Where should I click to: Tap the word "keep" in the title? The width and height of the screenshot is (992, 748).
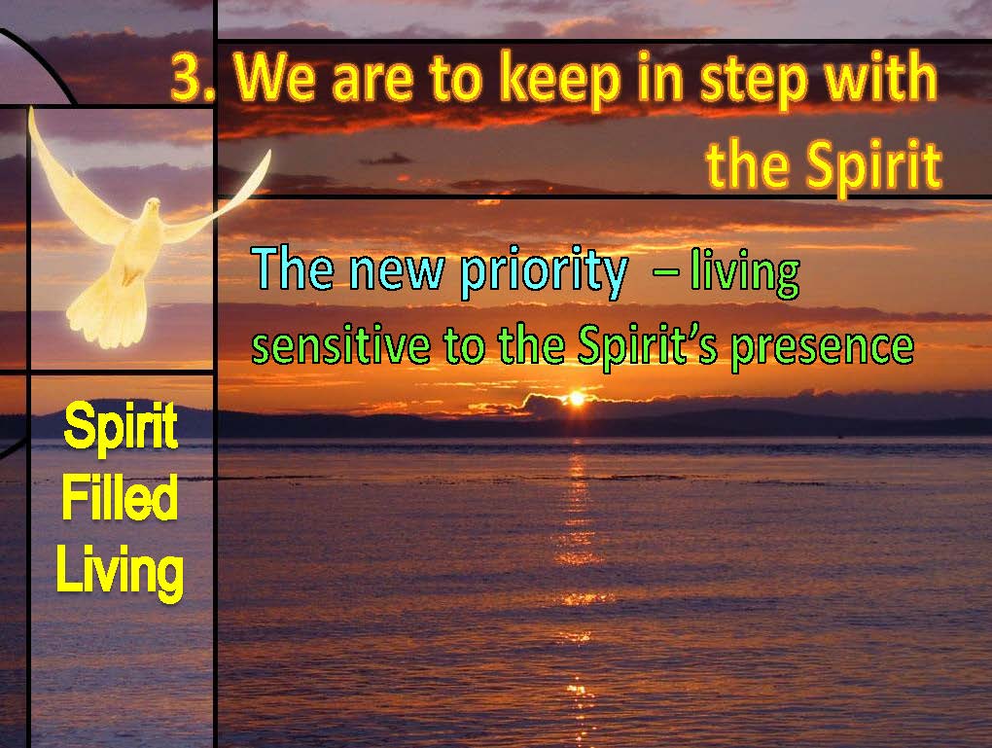(x=559, y=81)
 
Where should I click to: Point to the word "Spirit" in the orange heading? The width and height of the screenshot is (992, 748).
(x=874, y=165)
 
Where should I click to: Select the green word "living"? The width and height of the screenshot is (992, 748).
(x=745, y=273)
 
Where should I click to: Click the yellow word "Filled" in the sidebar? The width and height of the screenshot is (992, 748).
(x=119, y=497)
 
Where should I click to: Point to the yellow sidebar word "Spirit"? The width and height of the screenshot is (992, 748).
(x=121, y=426)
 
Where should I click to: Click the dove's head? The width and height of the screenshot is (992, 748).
(x=152, y=207)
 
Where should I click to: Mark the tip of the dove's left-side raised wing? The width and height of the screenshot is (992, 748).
(x=30, y=109)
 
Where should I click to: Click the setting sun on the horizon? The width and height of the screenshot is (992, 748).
(x=577, y=399)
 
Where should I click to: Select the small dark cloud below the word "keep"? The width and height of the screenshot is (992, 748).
(x=385, y=159)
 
